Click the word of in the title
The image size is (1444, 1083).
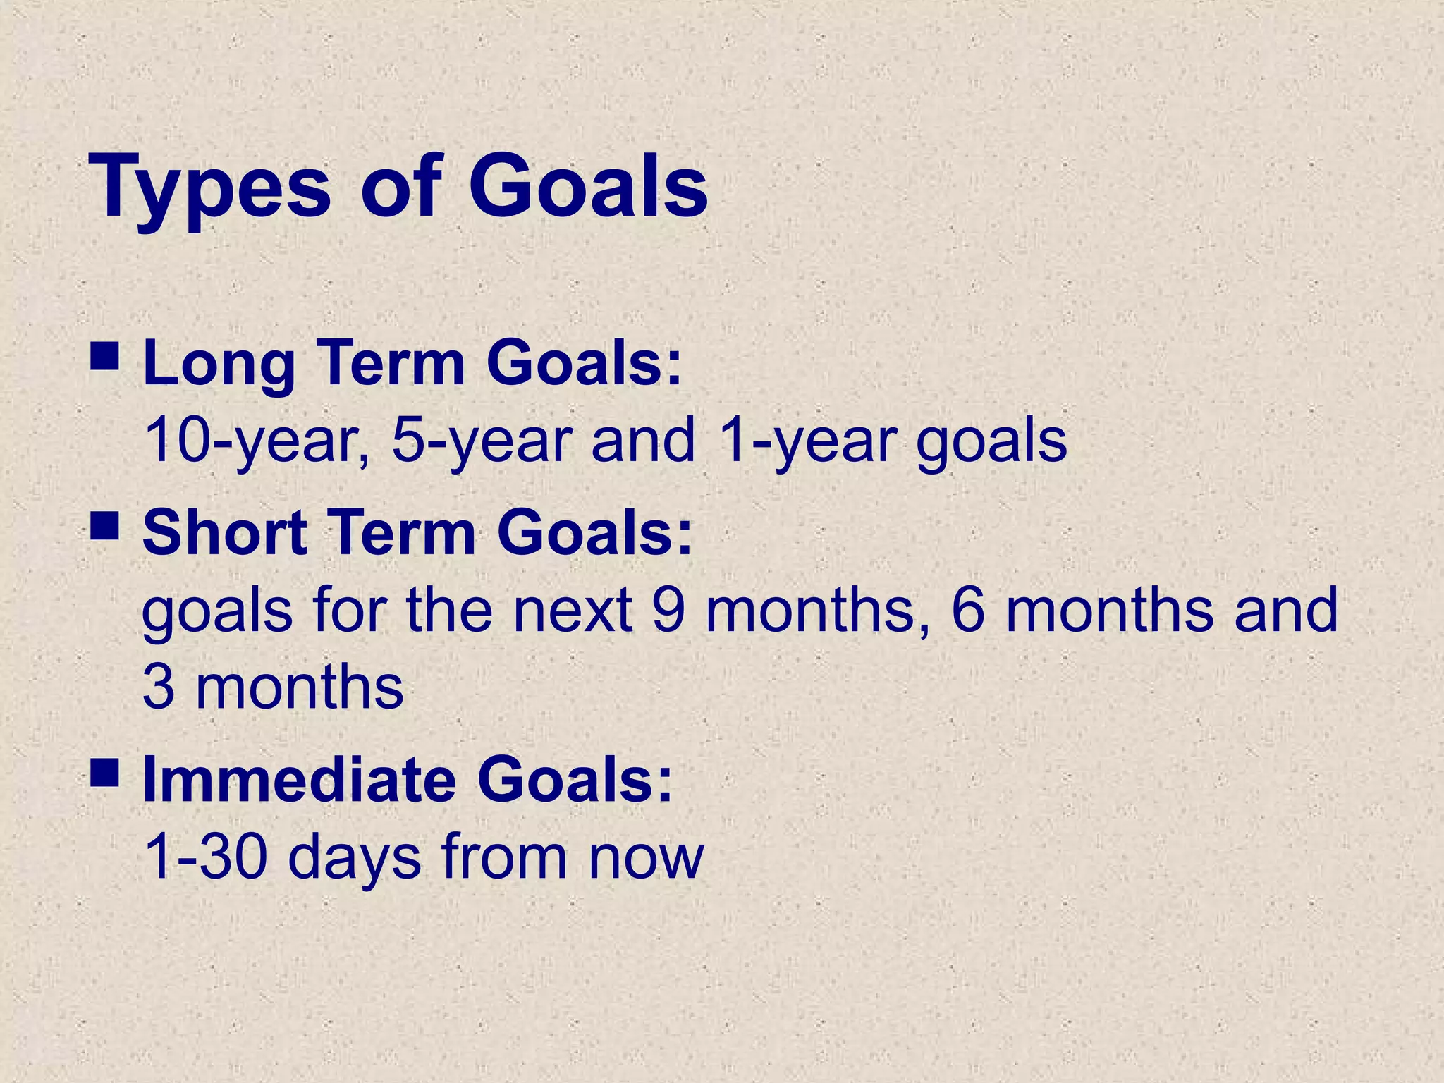click(x=400, y=187)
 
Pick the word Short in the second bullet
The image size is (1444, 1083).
click(x=225, y=533)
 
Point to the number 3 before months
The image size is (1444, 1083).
click(x=158, y=688)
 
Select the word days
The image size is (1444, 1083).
click(x=354, y=859)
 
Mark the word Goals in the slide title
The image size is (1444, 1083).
click(x=588, y=187)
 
